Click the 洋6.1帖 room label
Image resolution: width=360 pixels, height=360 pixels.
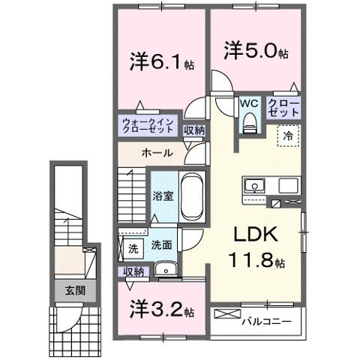(x=161, y=61)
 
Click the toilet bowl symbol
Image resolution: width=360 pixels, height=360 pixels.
(x=250, y=120)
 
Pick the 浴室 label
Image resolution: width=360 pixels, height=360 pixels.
(x=163, y=196)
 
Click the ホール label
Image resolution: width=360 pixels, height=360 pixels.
(x=157, y=152)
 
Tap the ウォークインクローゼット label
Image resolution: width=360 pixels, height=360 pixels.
(x=149, y=125)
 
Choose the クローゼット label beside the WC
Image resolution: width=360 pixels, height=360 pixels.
(x=284, y=106)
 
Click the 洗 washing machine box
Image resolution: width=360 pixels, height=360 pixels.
(x=133, y=246)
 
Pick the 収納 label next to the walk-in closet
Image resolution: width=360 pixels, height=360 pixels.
(x=194, y=130)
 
